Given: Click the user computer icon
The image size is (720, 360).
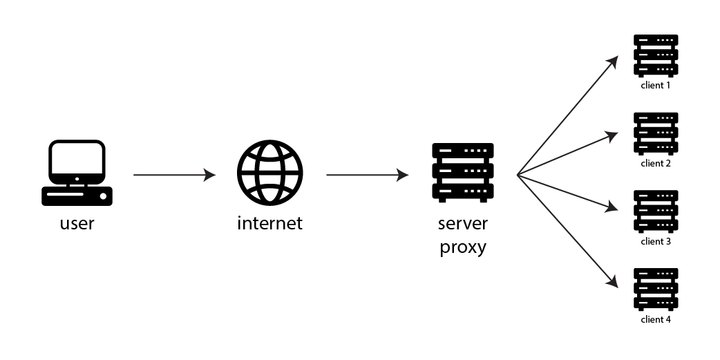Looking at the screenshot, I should (x=77, y=173).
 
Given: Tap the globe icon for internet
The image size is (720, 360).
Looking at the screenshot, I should (x=269, y=173).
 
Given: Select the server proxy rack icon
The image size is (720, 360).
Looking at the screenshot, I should (x=462, y=173).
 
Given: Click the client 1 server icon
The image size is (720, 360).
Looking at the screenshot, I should (x=656, y=56).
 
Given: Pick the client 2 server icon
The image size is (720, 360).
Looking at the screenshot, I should (x=656, y=134).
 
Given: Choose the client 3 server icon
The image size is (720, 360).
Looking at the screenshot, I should (x=656, y=212).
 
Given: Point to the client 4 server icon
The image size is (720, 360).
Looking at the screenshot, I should (x=656, y=290).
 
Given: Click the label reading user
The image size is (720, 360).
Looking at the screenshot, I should (x=77, y=223).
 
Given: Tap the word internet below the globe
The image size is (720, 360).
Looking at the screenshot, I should (x=269, y=223).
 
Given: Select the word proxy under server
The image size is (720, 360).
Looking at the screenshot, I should (x=462, y=247).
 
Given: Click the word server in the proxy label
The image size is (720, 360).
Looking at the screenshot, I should (x=462, y=223).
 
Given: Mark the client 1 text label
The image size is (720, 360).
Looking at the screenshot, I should (x=656, y=86).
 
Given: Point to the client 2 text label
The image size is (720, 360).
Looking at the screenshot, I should (x=656, y=164).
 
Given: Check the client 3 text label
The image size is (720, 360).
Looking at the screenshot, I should (x=656, y=242).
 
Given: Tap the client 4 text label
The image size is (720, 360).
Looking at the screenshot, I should (x=656, y=320).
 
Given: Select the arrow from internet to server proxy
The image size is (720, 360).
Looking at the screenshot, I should (x=367, y=176).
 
